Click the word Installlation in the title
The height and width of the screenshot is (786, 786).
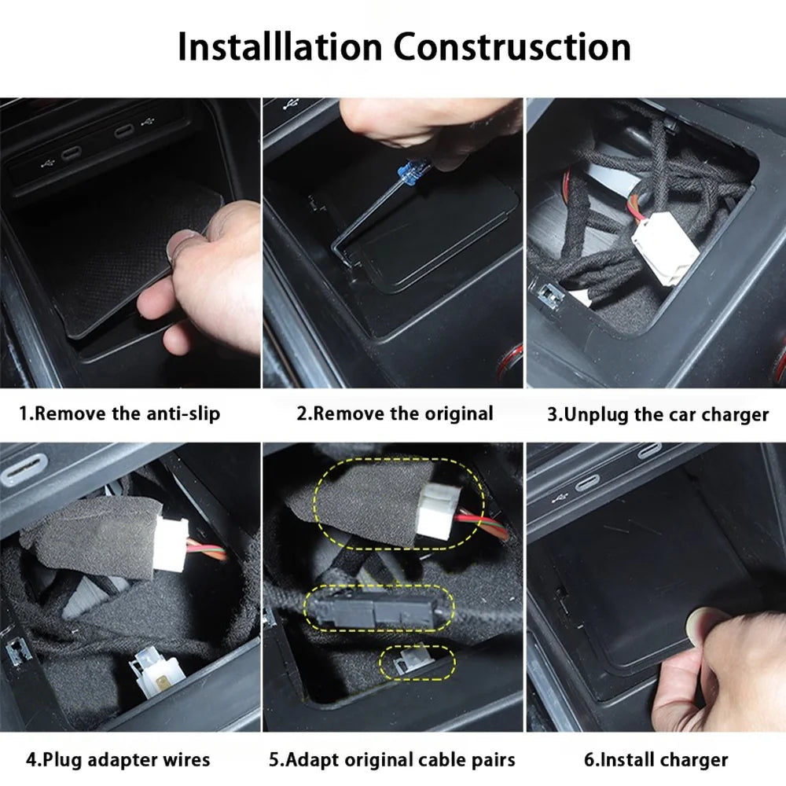[278, 46]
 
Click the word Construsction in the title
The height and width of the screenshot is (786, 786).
[512, 46]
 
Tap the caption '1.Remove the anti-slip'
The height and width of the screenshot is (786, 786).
[119, 413]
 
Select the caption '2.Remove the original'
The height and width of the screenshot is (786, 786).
[395, 413]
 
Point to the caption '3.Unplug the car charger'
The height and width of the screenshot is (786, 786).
[657, 414]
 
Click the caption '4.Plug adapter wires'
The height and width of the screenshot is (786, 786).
[118, 759]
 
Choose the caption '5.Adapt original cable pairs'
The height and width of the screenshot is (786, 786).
[392, 759]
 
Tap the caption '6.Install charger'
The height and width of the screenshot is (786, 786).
[656, 759]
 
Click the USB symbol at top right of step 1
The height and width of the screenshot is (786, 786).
[145, 125]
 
